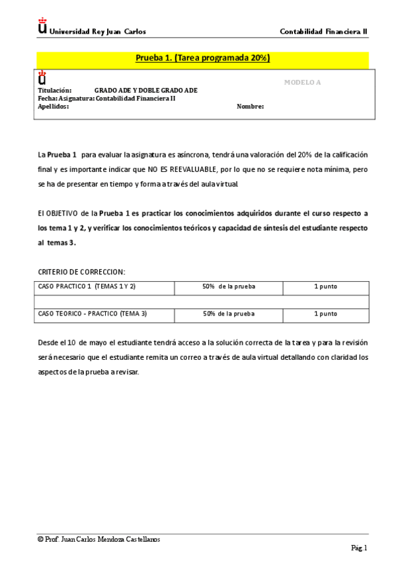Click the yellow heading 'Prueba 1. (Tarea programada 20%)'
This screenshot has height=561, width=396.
pos(202,58)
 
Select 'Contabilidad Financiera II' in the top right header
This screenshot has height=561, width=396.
pos(323,31)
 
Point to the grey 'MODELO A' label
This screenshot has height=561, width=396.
pos(301,82)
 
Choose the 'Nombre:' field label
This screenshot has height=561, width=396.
pos(250,106)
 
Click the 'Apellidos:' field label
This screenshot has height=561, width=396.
pos(53,106)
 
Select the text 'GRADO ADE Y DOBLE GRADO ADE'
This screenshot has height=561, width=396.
pos(145,91)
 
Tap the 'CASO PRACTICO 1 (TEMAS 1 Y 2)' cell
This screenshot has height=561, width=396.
pos(87,286)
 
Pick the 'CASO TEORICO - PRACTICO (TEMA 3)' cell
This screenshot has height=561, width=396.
pos(93,314)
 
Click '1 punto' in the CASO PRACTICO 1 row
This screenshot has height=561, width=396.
pos(325,286)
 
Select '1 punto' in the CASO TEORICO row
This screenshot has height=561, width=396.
pos(325,314)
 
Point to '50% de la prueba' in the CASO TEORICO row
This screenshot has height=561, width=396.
pos(228,314)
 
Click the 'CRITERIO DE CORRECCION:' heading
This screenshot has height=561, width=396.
pos(81,272)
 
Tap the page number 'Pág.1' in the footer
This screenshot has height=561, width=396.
pos(359,548)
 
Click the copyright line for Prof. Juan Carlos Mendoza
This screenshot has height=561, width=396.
pos(99,539)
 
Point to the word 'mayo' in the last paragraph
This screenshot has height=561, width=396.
pos(91,343)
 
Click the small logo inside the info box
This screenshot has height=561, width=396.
pos(42,77)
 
